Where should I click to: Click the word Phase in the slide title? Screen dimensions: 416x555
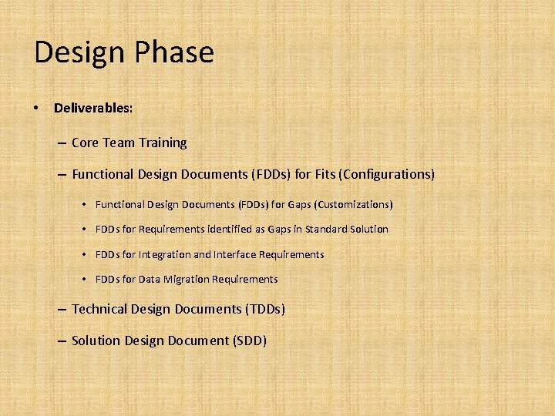175,52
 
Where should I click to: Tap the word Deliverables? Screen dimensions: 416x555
93,108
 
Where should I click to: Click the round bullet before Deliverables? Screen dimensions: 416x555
37,108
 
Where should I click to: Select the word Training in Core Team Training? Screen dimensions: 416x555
163,143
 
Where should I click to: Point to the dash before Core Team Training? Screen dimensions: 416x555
61,143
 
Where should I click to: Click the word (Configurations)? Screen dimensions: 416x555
386,174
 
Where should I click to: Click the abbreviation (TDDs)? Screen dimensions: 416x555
264,309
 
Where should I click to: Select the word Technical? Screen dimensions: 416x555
99,309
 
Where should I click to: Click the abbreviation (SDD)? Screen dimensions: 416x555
249,340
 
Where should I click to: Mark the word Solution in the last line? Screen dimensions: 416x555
96,340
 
